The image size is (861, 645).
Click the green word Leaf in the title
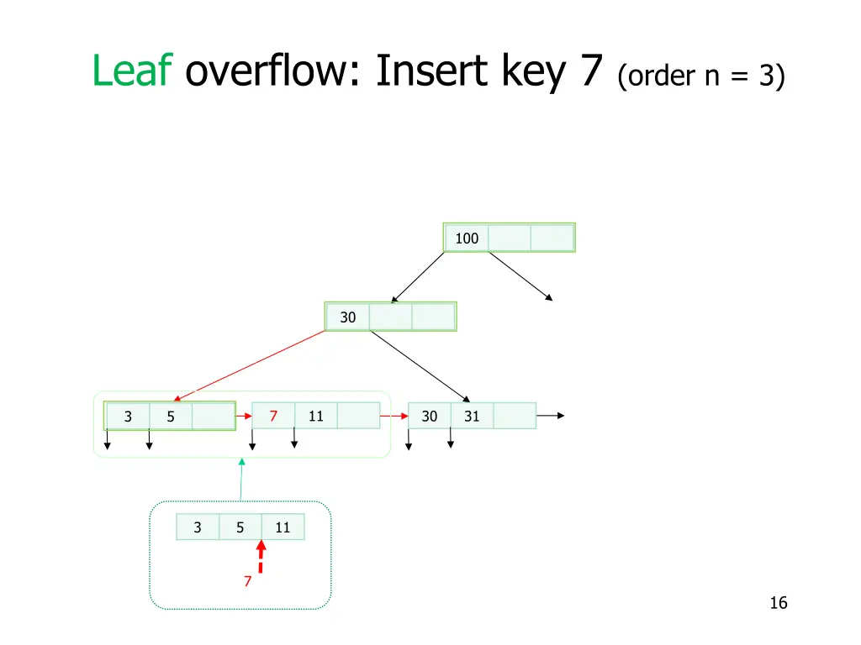(132, 71)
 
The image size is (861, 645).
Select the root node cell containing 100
(467, 239)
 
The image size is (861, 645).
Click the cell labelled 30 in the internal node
(348, 317)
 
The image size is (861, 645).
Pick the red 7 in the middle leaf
(273, 416)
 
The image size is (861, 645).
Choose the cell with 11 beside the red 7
(316, 416)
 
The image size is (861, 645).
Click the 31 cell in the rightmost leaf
(472, 416)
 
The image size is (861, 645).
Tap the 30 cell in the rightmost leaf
(430, 416)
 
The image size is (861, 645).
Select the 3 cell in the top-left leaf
(128, 416)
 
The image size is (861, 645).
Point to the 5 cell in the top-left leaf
(171, 416)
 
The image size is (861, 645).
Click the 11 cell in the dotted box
(283, 527)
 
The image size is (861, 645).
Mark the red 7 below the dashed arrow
(247, 581)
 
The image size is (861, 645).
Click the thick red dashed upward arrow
(261, 559)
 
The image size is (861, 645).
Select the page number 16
(778, 603)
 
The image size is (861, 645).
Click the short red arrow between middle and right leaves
(393, 415)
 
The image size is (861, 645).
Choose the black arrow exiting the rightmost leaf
(550, 415)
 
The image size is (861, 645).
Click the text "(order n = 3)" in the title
(701, 77)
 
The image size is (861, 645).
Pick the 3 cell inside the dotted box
(198, 527)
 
